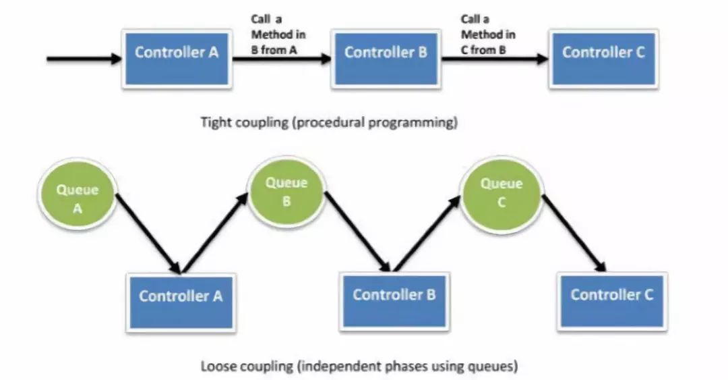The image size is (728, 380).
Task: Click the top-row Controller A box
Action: point(177,53)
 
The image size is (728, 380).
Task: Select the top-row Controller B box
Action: point(386,53)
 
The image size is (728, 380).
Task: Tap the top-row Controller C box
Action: point(603,53)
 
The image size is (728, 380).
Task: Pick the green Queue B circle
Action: point(286,192)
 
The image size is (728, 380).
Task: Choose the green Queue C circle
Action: point(501,192)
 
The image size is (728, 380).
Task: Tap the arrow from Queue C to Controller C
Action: point(572,233)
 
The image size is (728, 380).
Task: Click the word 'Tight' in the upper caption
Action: point(214,123)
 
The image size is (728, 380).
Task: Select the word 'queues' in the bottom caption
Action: point(495,368)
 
